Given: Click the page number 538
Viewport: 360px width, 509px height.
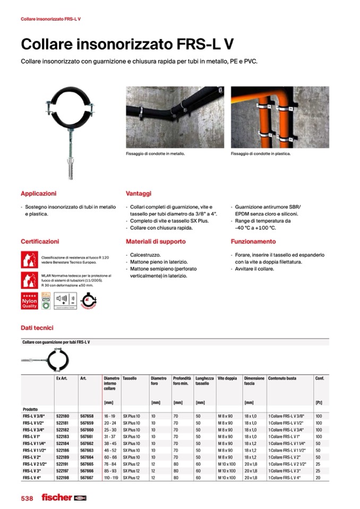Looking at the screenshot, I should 27,498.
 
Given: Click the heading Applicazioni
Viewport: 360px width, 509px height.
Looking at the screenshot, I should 38,194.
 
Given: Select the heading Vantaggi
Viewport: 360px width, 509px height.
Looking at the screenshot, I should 139,194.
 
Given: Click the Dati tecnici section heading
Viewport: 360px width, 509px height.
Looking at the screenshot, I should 37,328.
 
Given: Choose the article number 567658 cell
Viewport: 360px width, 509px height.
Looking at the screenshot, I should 87,416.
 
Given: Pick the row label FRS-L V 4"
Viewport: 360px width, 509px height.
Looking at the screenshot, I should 32,478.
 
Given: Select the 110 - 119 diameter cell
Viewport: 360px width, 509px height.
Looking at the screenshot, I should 112,478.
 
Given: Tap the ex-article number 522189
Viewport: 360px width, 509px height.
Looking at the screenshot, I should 63,457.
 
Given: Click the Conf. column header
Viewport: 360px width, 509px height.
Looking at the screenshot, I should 320,378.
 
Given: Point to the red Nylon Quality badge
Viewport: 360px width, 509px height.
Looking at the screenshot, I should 29,301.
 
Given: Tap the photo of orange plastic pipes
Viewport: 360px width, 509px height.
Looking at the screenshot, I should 280,116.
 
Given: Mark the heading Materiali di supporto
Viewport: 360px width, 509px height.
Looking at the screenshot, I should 156,241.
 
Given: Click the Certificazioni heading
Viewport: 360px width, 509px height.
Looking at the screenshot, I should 40,241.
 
